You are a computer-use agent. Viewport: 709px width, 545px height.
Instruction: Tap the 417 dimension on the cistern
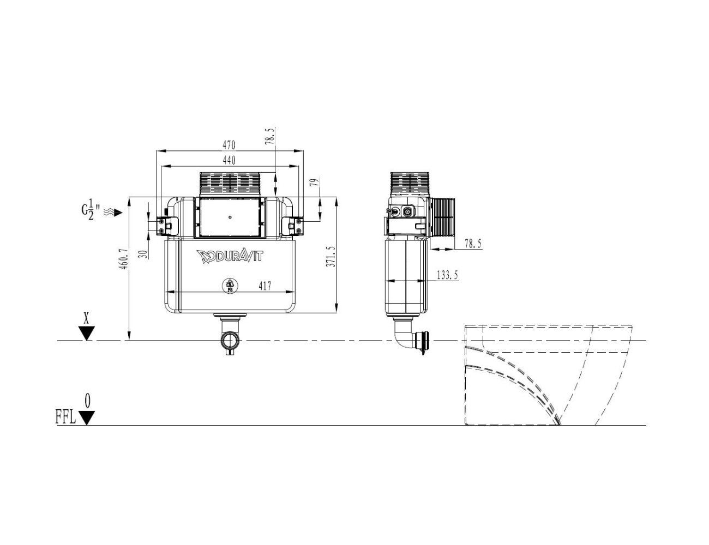click(265, 286)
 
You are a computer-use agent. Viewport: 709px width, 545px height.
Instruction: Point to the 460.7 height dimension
click(123, 259)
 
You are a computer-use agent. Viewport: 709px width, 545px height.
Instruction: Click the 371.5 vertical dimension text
click(331, 257)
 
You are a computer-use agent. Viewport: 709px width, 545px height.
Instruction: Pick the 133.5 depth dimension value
click(447, 275)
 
